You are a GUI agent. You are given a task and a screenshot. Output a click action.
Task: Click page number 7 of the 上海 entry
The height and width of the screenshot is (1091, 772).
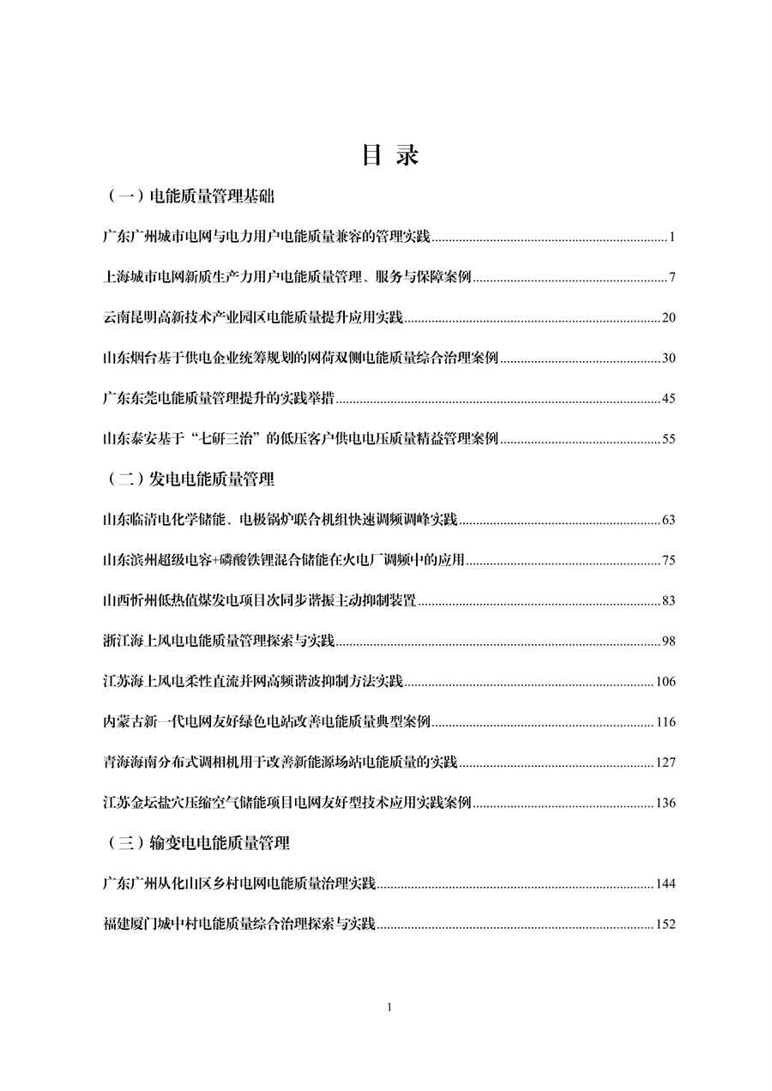(673, 278)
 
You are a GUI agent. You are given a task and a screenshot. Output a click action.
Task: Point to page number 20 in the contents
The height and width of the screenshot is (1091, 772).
(669, 318)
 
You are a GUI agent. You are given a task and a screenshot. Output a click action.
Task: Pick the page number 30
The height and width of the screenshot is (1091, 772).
(669, 359)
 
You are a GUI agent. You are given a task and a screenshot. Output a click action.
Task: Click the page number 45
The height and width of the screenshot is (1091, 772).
(669, 399)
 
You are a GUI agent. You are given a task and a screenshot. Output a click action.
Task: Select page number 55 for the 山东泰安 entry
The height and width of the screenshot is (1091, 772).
(669, 439)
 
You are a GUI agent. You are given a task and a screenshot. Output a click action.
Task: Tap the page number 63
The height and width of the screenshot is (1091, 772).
(669, 520)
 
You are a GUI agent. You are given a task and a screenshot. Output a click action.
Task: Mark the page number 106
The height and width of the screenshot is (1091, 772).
(666, 682)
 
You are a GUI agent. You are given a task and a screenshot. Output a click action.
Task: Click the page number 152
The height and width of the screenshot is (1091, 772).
(666, 925)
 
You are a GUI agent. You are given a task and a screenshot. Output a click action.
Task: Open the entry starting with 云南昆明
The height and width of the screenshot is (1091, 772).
(251, 317)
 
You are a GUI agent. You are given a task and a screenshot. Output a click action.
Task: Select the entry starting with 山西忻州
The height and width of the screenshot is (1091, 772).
(258, 600)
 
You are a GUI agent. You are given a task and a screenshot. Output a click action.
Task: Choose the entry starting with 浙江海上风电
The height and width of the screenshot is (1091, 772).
(218, 641)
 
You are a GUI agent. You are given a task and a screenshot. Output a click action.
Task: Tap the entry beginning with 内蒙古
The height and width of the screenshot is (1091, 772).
(265, 721)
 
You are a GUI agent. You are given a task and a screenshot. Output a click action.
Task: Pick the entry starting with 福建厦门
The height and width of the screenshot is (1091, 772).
(238, 924)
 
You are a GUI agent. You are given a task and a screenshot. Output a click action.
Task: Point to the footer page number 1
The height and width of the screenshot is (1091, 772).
(389, 1007)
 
